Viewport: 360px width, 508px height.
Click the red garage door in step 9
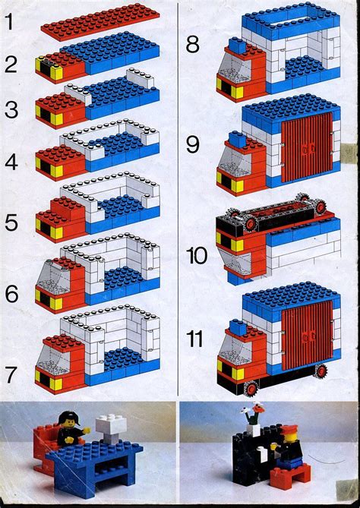pos(307,149)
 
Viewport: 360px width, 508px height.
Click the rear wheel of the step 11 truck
pos(320,371)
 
